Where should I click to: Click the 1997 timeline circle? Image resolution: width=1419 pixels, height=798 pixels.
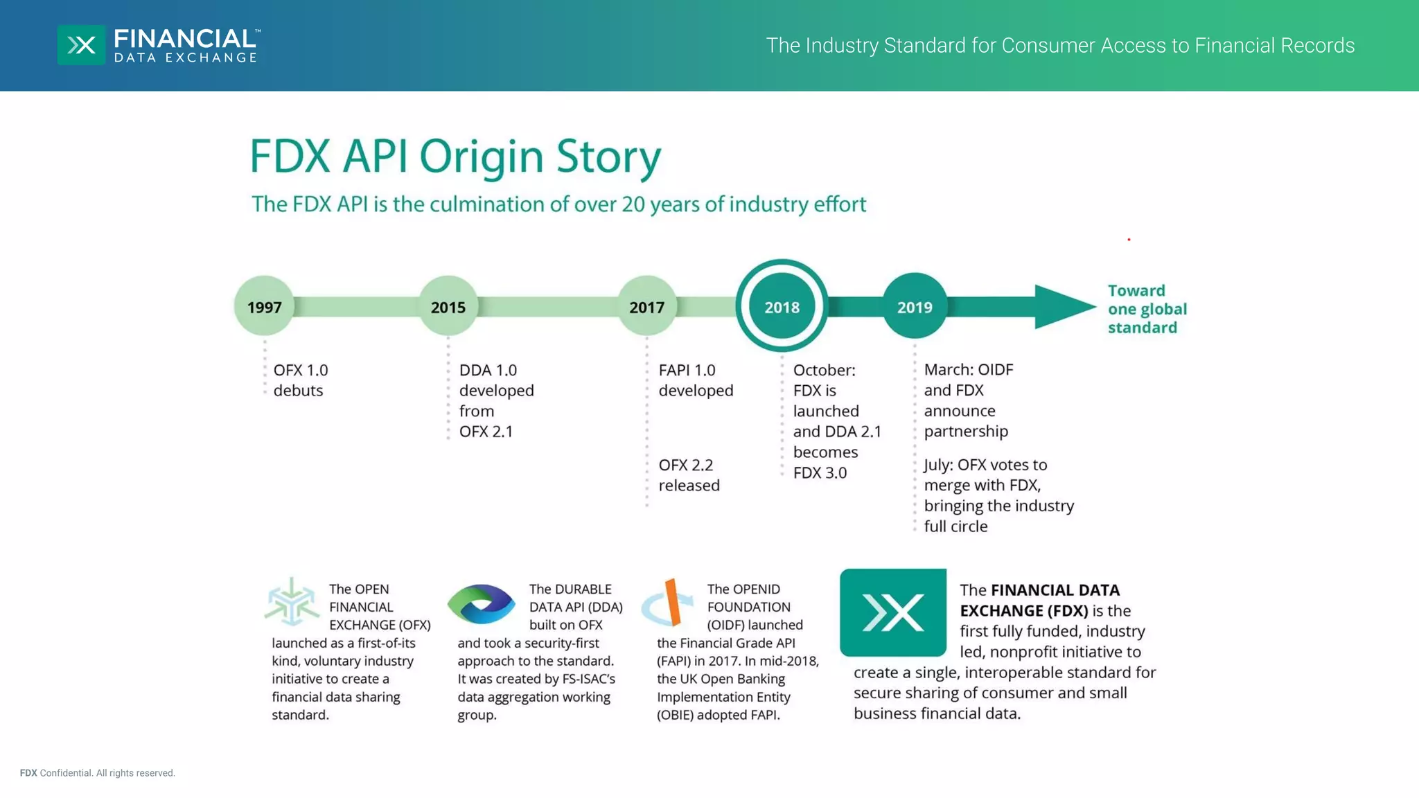coord(264,307)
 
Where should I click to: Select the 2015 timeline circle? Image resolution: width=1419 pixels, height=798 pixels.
coord(448,307)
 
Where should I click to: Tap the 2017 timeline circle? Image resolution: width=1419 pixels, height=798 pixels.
coord(646,307)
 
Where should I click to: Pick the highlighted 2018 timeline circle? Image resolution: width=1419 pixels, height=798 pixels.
coord(782,307)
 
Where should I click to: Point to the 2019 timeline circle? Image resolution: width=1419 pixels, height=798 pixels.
coord(915,307)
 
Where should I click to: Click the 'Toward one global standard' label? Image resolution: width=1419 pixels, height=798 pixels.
coord(1147,309)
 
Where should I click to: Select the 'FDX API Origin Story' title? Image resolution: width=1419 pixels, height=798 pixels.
coord(455,156)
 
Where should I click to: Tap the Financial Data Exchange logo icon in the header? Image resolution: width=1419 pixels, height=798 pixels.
coord(82,46)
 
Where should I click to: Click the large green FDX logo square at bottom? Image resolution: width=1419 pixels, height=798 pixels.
coord(892,612)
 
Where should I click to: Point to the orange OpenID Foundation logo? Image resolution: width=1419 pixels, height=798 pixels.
coord(670,601)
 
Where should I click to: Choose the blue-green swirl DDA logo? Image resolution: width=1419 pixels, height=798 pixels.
coord(482,603)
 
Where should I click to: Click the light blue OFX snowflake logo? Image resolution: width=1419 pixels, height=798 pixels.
coord(292,601)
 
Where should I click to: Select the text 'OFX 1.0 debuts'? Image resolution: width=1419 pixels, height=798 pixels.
coord(300,380)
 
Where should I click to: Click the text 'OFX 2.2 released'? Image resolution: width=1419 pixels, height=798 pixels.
coord(689,475)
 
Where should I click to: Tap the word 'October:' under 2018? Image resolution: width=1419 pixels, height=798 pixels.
coord(824,371)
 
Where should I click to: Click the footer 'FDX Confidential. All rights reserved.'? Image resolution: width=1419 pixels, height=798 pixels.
coord(98,773)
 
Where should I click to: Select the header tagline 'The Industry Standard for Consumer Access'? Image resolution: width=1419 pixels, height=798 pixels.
coord(1060,46)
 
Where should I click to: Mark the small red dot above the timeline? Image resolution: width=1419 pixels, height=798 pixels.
coord(1129,240)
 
